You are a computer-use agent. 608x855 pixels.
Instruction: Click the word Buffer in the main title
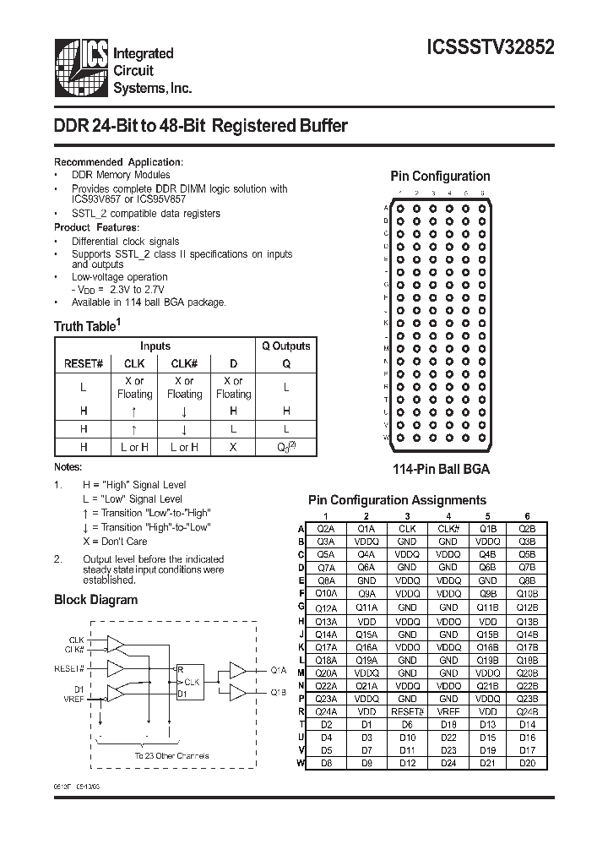(x=312, y=127)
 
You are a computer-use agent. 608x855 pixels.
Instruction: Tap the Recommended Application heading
(x=118, y=162)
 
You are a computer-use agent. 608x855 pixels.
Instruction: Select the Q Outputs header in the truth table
(x=285, y=346)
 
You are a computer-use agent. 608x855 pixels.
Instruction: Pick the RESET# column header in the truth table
(x=84, y=363)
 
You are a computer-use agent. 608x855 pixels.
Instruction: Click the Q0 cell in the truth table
(x=285, y=447)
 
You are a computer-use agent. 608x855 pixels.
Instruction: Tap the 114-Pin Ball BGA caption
(x=439, y=469)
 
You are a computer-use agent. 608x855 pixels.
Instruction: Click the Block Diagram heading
(x=95, y=600)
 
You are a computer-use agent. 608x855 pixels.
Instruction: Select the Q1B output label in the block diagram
(x=279, y=692)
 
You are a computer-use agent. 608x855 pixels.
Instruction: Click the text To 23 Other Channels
(x=171, y=755)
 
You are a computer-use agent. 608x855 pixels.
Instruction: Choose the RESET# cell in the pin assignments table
(x=407, y=712)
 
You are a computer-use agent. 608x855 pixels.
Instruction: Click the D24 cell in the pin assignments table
(x=448, y=764)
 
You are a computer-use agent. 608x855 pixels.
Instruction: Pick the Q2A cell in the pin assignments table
(x=325, y=528)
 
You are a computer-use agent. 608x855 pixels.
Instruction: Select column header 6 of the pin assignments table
(x=527, y=516)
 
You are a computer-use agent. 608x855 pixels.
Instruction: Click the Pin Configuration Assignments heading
(x=397, y=500)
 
